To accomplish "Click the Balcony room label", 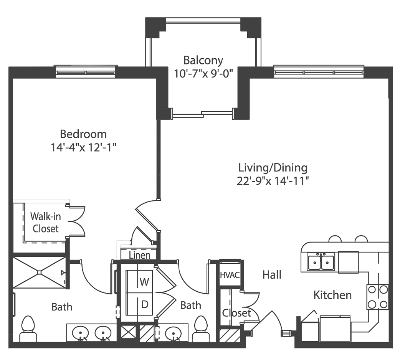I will coord(203,60).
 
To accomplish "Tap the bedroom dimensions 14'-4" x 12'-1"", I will coord(83,147).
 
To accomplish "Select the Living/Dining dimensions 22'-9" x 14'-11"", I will coord(273,180).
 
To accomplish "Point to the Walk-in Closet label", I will coord(45,222).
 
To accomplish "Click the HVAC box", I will coord(230,275).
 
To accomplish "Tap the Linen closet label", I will coord(139,255).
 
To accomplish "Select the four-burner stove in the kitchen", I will coord(377,297).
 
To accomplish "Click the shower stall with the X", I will coord(40,272).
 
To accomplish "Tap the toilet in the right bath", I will coord(201,329).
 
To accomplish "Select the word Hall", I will coord(272,275).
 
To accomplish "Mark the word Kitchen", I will coord(332,295).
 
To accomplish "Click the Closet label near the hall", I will coord(236,313).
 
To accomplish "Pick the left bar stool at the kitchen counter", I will coord(335,239).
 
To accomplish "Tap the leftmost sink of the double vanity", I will coord(81,332).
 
